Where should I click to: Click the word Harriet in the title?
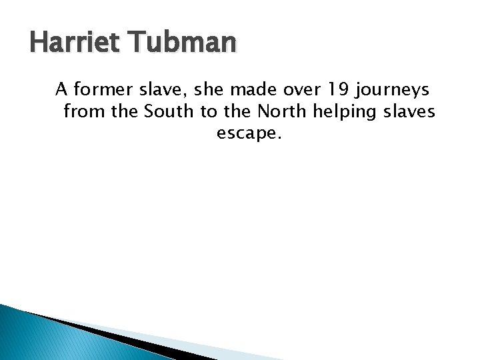[73, 43]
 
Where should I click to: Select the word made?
[247, 89]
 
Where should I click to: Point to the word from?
[84, 111]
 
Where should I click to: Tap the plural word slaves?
[407, 111]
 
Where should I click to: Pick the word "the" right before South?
[124, 111]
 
